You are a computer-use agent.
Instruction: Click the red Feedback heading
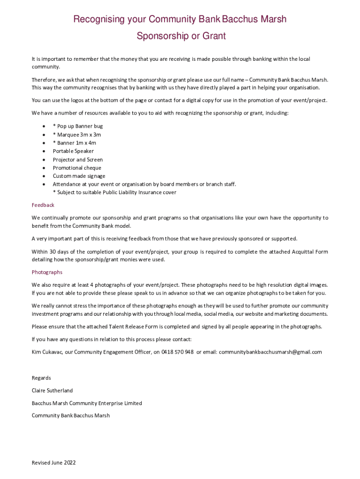coord(43,205)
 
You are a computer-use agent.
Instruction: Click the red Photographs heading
coord(47,272)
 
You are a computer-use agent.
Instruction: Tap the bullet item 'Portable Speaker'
coord(73,151)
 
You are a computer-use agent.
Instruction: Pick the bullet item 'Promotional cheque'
coord(77,168)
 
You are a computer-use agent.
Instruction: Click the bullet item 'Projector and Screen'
coord(78,160)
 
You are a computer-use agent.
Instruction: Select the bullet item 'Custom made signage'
coord(79,176)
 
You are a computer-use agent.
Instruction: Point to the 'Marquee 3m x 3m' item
coord(77,135)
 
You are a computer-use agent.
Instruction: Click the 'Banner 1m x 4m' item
coord(74,143)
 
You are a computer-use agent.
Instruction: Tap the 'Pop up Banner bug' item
coord(78,126)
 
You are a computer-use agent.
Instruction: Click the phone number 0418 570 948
coord(178,352)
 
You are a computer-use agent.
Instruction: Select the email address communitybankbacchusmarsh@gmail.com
coord(270,352)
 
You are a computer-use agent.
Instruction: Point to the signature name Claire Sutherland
coord(52,391)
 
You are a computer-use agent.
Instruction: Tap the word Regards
coord(41,378)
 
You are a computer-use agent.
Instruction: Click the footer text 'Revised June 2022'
coord(54,463)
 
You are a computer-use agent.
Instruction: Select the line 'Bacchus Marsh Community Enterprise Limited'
coord(86,403)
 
